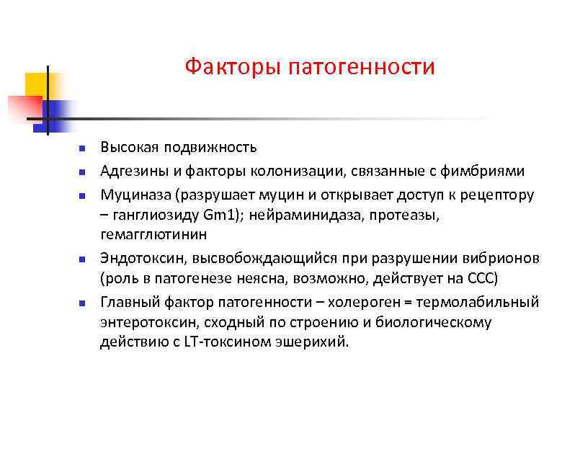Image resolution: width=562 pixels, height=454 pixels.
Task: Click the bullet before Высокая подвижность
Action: tap(82, 148)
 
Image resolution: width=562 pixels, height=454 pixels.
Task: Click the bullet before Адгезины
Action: tap(82, 172)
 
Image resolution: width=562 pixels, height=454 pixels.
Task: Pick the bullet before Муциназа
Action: tap(82, 195)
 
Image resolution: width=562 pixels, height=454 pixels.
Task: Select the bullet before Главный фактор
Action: tap(82, 302)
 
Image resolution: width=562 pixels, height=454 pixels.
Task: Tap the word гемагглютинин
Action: tap(153, 235)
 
